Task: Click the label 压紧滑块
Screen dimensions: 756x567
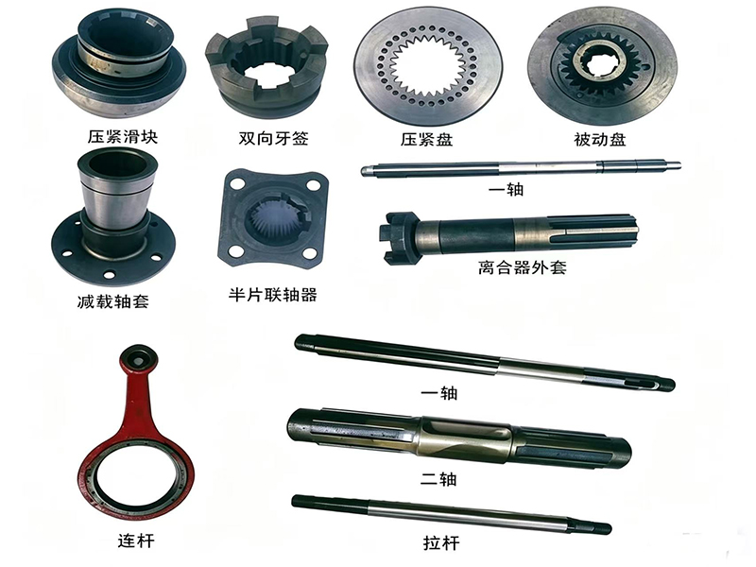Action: (123, 137)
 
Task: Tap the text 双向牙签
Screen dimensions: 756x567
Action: (273, 138)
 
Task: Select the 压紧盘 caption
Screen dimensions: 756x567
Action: (426, 139)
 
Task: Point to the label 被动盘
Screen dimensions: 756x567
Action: (600, 139)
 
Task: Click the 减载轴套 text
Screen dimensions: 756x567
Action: (112, 301)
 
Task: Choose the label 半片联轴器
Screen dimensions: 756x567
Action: (273, 294)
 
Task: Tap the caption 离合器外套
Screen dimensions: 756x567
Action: (523, 266)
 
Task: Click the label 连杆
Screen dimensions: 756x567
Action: (136, 541)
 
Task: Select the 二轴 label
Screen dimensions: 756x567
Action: (438, 479)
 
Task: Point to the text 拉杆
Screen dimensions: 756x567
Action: (441, 542)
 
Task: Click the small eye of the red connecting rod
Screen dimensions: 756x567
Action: (138, 360)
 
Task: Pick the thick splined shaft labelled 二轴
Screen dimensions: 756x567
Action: (459, 438)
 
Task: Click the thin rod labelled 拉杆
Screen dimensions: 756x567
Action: (452, 514)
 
